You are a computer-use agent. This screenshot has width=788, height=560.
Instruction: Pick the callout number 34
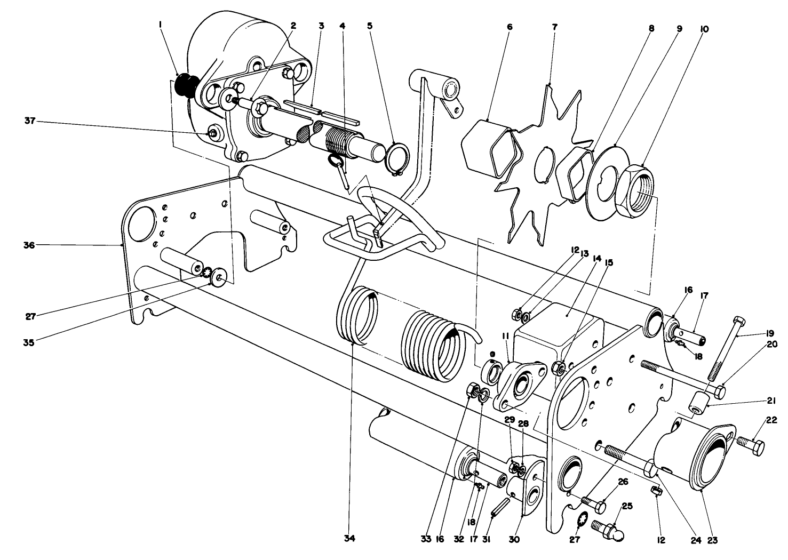tap(348, 539)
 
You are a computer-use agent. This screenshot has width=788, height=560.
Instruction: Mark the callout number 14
tap(596, 258)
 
